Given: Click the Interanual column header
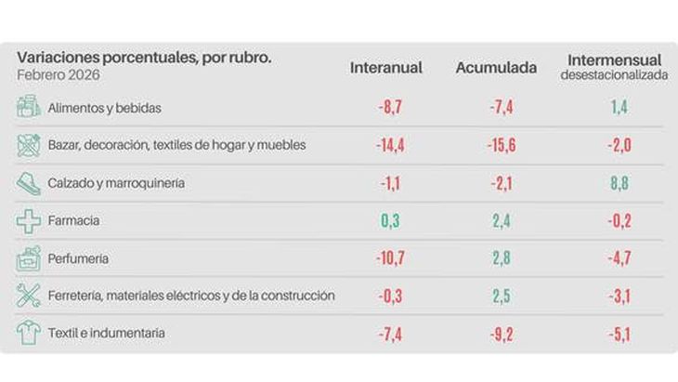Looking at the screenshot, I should point(386,68).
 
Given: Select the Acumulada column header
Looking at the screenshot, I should point(496,68).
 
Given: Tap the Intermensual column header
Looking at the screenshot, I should point(614,61).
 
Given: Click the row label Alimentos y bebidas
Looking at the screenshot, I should point(105,108).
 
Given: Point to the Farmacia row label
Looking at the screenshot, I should point(73,221).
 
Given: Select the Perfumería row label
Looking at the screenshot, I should point(79,258).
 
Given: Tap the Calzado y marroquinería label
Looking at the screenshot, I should point(116,183).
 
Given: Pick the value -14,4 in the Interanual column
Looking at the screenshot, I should point(389,145).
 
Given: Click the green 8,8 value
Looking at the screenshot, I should point(619,183).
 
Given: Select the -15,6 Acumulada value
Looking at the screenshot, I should point(502,145).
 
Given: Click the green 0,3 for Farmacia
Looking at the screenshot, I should point(389,221).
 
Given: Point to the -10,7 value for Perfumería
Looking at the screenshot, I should point(389,258).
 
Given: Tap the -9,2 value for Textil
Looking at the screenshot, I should point(502,334).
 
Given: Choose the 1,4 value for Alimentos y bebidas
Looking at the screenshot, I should point(619,108).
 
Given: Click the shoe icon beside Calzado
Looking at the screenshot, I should point(29,183).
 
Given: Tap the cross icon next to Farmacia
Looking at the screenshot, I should point(29,221).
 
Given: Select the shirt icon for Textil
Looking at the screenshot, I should point(29,334).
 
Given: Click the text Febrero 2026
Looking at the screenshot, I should point(58,74).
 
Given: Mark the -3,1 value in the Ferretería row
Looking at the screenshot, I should point(619,296).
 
